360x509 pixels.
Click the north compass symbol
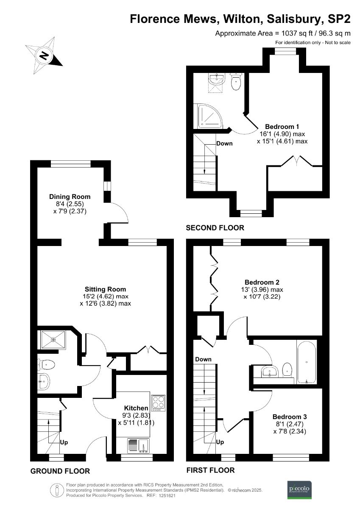coord(44,55)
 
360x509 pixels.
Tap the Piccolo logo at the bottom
coord(299,489)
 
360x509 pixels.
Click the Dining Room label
coord(70,196)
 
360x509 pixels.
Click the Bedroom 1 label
coord(282,126)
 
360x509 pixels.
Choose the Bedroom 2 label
coord(262,282)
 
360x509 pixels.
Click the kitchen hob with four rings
coord(158,403)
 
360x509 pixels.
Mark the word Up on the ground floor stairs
coord(64,442)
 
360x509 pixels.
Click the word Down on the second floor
coord(224,143)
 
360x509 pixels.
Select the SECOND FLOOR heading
coord(215,228)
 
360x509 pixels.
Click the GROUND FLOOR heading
coord(60,471)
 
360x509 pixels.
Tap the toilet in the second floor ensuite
coord(236,81)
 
